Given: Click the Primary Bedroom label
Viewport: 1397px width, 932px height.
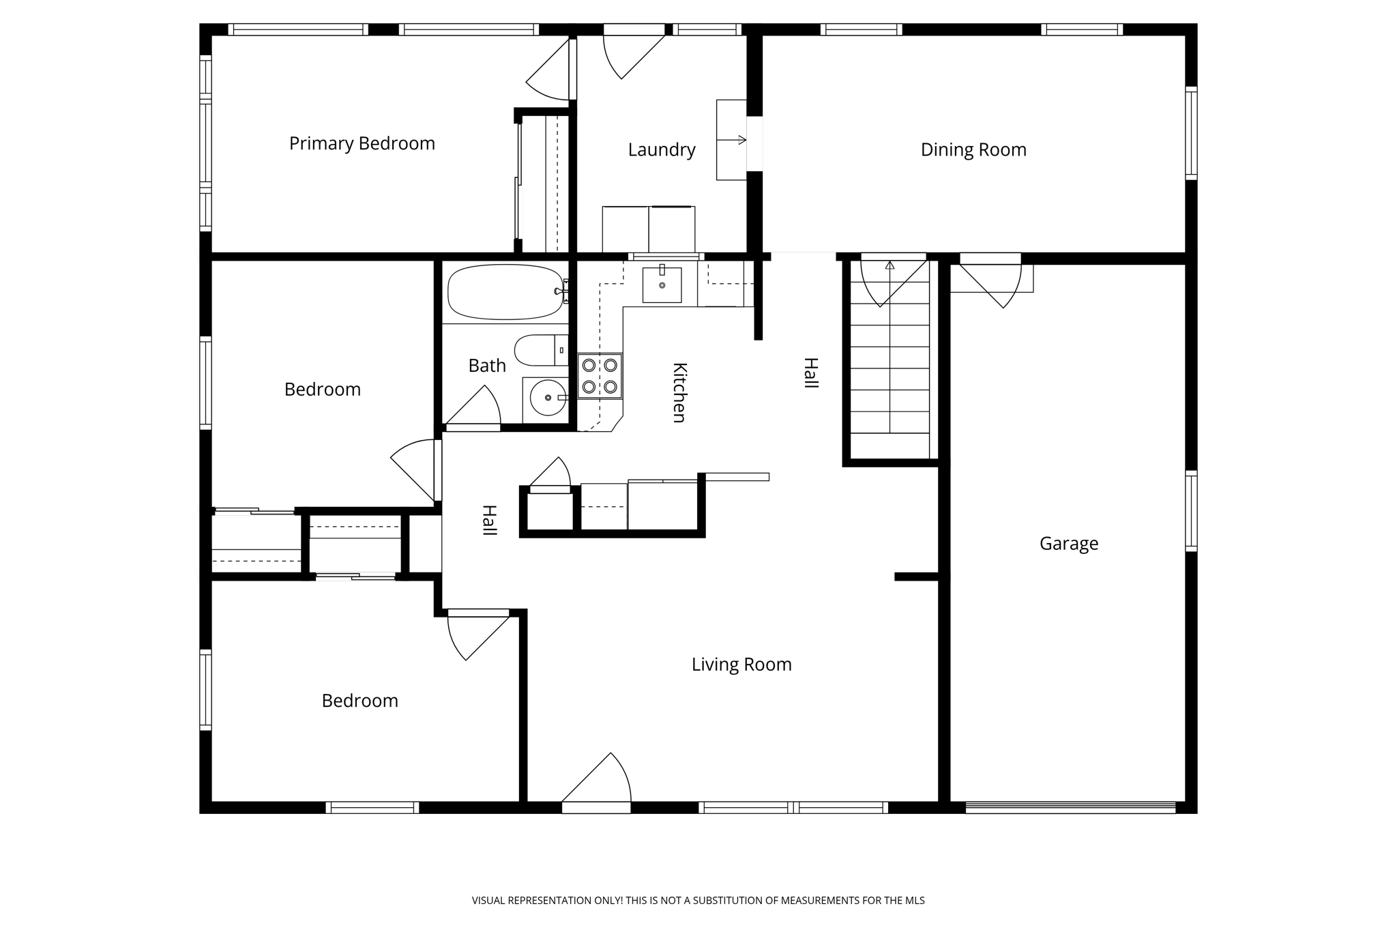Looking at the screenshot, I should click(x=362, y=143).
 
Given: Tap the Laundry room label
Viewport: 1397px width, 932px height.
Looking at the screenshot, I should click(x=661, y=149).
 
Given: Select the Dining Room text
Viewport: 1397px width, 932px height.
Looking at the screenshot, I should click(x=973, y=149).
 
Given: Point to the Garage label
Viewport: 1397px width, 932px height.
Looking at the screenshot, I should click(x=1068, y=543).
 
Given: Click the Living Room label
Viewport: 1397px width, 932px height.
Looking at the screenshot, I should click(x=741, y=664).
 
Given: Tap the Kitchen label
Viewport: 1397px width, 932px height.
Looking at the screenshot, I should click(x=679, y=392).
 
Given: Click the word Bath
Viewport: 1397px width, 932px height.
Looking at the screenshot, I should click(x=487, y=366).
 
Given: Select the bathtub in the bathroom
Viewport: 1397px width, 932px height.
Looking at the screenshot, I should click(x=505, y=292).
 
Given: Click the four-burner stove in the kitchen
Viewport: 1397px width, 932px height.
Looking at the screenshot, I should click(x=600, y=376).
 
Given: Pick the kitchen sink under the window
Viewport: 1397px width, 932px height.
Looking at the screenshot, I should click(x=662, y=285).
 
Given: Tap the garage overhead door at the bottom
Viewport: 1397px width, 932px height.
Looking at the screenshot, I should click(x=1070, y=808).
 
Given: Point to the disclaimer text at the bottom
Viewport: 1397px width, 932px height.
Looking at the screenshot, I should click(x=698, y=901).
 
